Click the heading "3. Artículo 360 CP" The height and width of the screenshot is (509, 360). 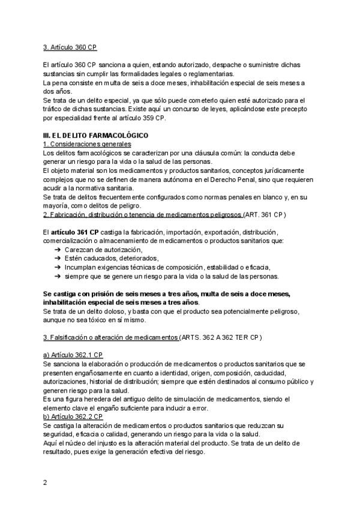(x=70, y=47)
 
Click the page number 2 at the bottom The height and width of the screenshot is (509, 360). (x=45, y=482)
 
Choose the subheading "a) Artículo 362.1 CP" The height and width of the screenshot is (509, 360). (x=73, y=355)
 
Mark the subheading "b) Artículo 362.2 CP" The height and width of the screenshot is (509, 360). (x=73, y=416)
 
